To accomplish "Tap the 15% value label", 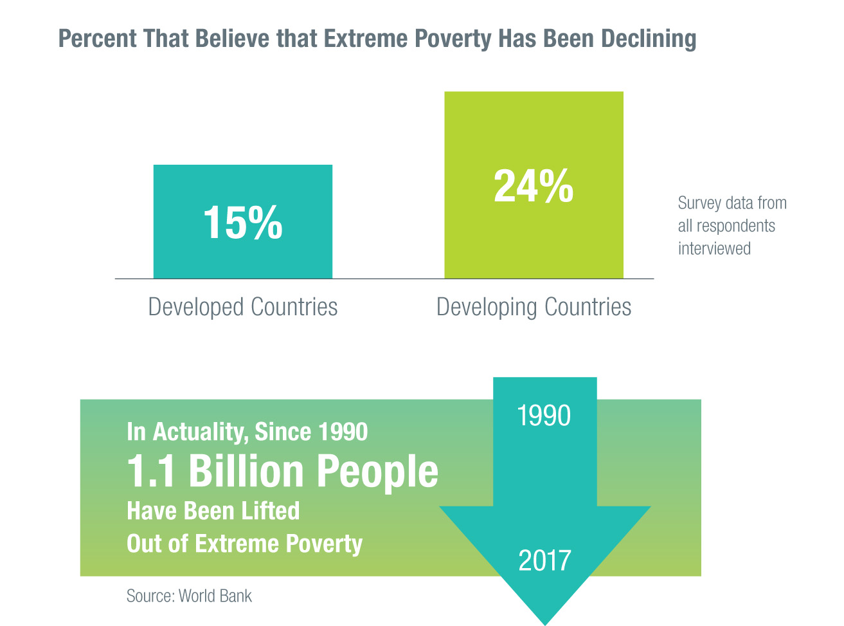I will click(x=242, y=223).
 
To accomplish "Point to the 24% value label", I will click(x=534, y=187).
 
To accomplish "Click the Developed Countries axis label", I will click(x=242, y=307).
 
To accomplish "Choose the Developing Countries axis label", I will click(x=534, y=307).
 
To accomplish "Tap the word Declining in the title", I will click(x=649, y=39).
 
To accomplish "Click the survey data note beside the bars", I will click(x=732, y=226).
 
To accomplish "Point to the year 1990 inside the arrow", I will click(x=544, y=416).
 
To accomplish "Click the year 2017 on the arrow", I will click(x=544, y=561).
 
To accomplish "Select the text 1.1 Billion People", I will click(x=282, y=472).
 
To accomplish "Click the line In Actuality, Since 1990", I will click(x=247, y=432).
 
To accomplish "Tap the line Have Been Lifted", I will click(x=213, y=511).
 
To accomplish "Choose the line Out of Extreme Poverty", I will click(x=245, y=544).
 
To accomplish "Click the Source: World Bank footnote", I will click(x=189, y=596).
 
